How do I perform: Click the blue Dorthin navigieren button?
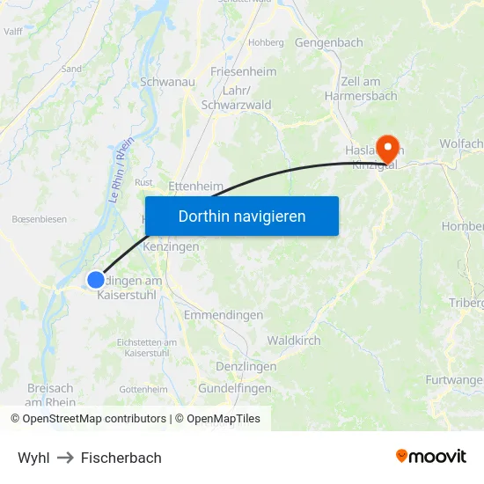pyautogui.click(x=242, y=216)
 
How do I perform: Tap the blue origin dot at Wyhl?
pyautogui.click(x=95, y=280)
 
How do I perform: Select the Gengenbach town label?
pyautogui.click(x=328, y=42)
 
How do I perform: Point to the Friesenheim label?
pyautogui.click(x=243, y=71)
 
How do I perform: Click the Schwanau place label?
pyautogui.click(x=167, y=81)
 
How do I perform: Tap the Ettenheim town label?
pyautogui.click(x=195, y=187)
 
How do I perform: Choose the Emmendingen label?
pyautogui.click(x=224, y=315)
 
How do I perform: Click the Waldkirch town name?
pyautogui.click(x=294, y=341)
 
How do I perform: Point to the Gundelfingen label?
pyautogui.click(x=235, y=388)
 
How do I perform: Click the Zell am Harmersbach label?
pyautogui.click(x=361, y=89)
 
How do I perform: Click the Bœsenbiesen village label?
pyautogui.click(x=39, y=219)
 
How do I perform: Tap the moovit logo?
pyautogui.click(x=430, y=457)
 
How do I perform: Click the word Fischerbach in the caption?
pyautogui.click(x=121, y=458)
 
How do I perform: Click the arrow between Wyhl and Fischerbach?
pyautogui.click(x=65, y=458)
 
